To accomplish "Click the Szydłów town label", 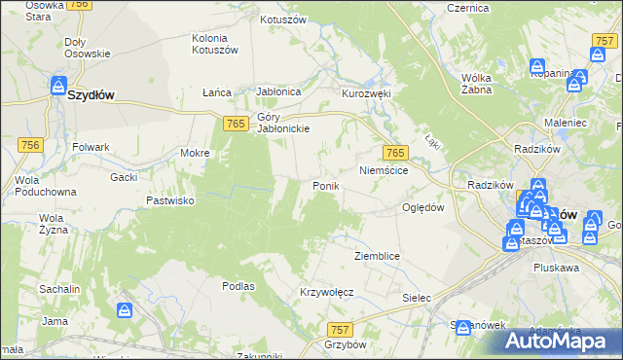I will (93, 95).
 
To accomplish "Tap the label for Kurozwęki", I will (365, 93).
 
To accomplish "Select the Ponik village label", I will (325, 185).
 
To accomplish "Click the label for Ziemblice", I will (378, 255).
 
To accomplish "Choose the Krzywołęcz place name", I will (326, 292).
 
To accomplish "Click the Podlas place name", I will (238, 286).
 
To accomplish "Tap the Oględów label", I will (423, 207).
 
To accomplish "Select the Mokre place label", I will (196, 153).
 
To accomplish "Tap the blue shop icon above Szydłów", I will (58, 86).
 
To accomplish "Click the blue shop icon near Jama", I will (126, 310).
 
